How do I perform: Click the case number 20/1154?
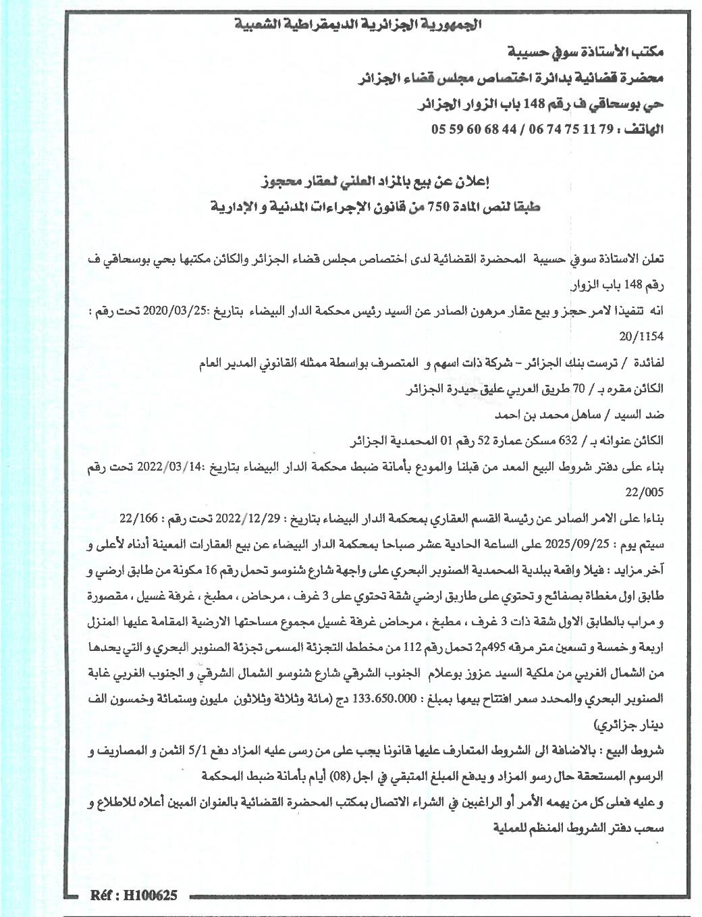tap(641, 335)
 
